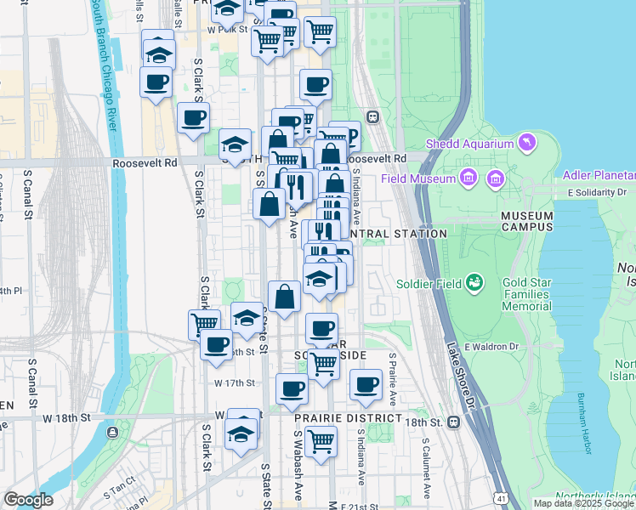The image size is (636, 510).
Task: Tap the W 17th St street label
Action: [x=234, y=383]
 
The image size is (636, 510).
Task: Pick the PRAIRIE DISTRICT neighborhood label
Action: [x=348, y=419]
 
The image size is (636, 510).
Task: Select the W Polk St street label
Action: [x=227, y=29]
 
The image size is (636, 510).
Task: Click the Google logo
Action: [x=28, y=500]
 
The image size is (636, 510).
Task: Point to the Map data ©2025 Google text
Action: [x=582, y=503]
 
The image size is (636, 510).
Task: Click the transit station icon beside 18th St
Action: [x=453, y=421]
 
